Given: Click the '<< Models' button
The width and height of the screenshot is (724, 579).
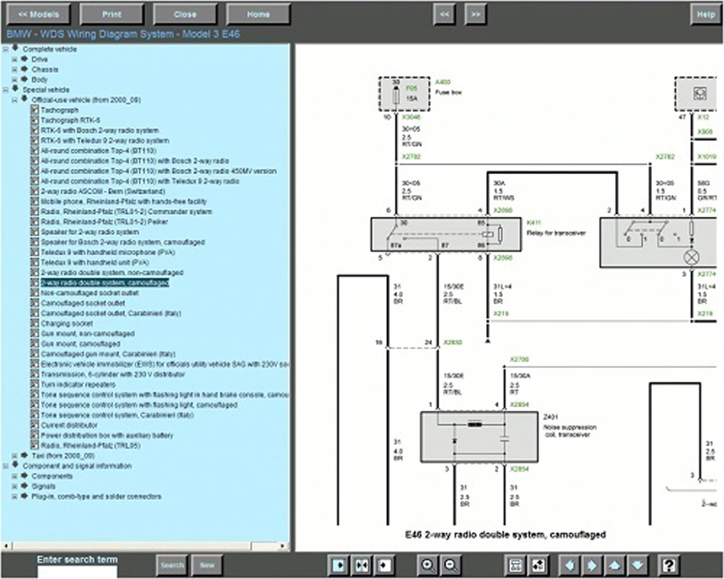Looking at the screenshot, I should coord(38,15).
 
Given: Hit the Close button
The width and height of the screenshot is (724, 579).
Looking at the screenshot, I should coord(185,15).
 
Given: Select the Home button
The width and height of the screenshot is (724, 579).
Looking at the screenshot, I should coord(258,15).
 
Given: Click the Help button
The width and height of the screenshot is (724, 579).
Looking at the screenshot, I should coord(705,15).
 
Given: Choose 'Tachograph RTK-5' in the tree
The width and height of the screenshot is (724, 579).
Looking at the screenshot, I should coord(70,120).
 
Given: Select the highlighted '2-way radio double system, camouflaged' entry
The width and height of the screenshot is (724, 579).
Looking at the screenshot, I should coord(105,283).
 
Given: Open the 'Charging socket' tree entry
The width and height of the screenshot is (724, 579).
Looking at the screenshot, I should coord(67,324).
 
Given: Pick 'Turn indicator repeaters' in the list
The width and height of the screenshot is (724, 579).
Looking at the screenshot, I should coord(78,384).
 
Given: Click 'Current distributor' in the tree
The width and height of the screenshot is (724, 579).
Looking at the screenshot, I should coord(69,425).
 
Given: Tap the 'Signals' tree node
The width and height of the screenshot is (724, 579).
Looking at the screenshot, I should coord(44,486).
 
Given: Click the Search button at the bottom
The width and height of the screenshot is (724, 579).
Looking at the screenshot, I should coord(172,565).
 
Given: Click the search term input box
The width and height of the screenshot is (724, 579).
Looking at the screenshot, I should coord(77,572).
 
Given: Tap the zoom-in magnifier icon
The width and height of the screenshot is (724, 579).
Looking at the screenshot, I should coord(427,565).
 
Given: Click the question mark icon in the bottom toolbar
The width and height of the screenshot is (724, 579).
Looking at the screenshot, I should coord(668,565).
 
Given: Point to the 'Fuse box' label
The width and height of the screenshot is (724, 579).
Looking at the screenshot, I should coord(448,92).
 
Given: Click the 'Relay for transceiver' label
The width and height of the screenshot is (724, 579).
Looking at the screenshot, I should coord(556,233).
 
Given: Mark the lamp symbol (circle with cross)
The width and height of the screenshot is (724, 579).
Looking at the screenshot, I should coord(692,257).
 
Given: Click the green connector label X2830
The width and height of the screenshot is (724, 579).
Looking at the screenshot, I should coord(452,343).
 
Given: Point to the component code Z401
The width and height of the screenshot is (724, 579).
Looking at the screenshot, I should coord(550,417).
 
